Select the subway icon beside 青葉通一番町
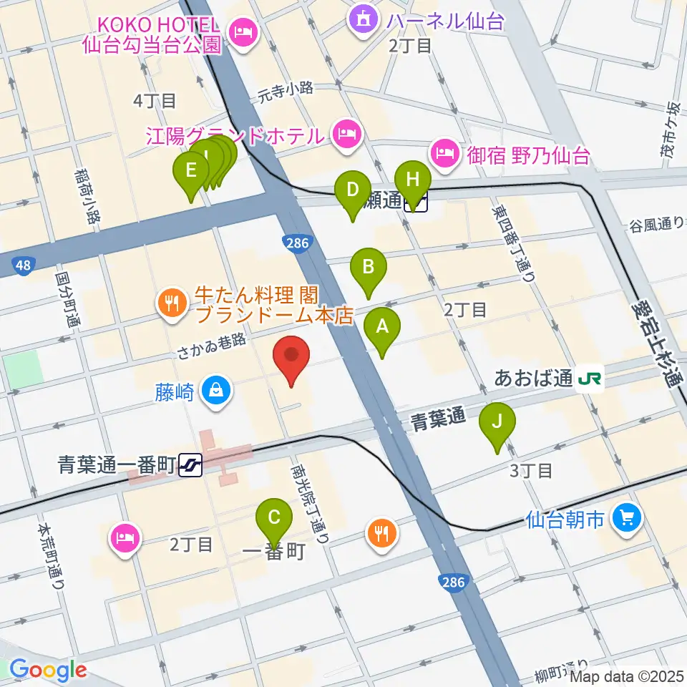pyautogui.click(x=193, y=466)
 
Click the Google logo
pyautogui.click(x=48, y=671)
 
